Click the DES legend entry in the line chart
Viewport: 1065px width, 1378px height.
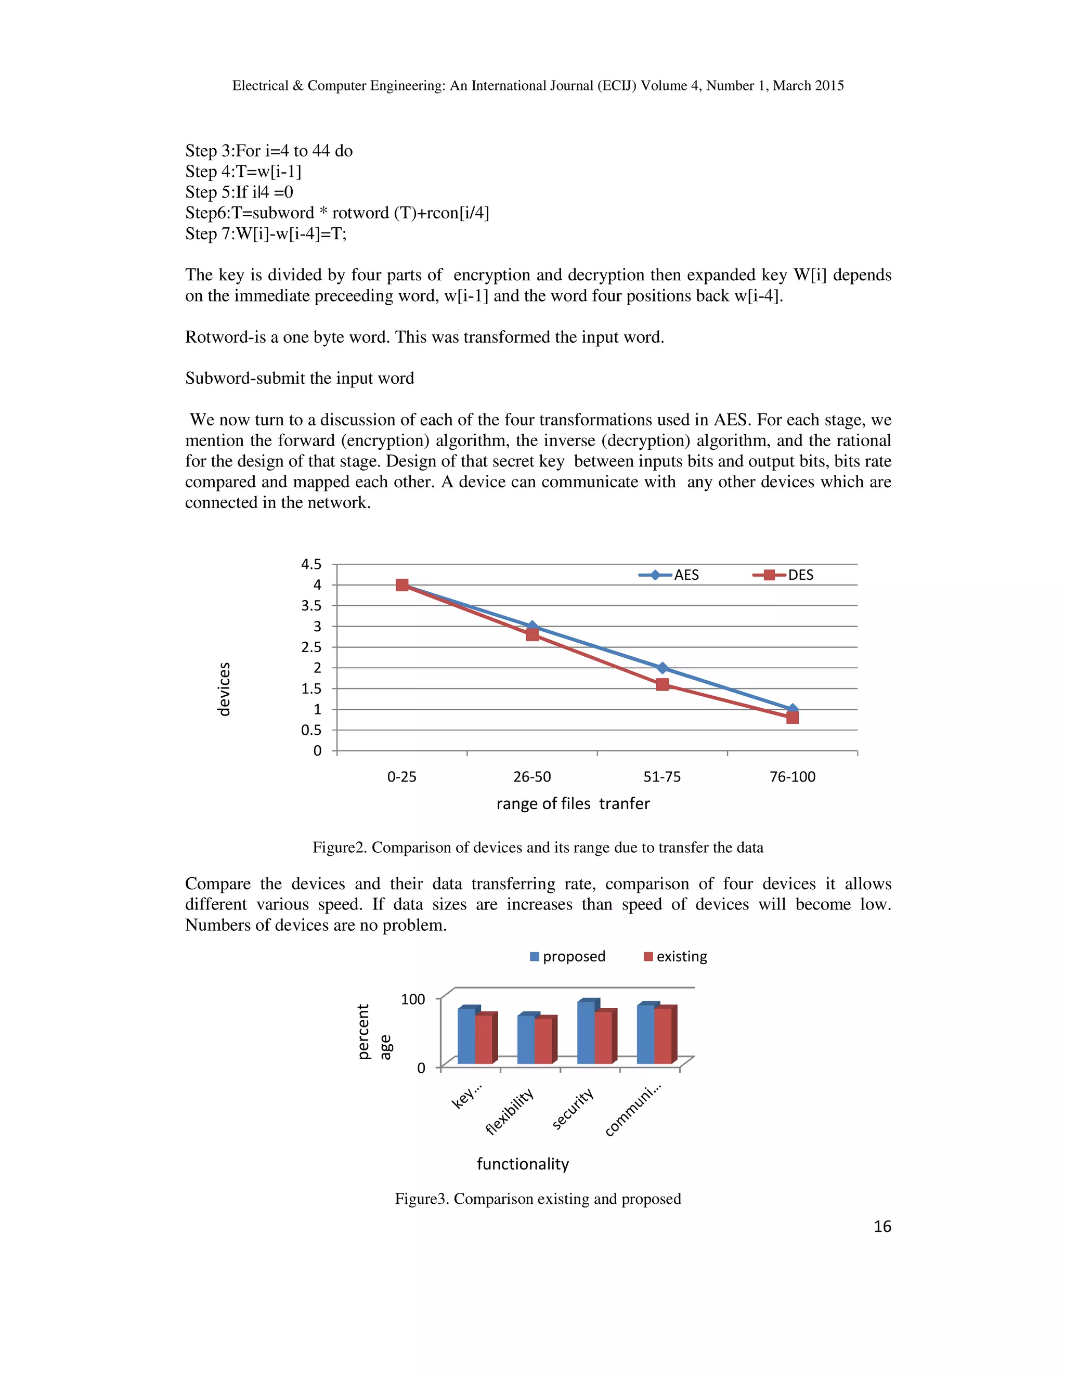783,575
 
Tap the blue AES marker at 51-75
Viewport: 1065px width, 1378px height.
663,668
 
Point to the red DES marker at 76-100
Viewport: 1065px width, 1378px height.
793,718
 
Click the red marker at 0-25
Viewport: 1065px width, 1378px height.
402,585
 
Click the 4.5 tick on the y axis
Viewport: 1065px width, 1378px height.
311,564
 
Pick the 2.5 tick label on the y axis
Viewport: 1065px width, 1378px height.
311,647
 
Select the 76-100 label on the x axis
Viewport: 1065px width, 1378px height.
793,777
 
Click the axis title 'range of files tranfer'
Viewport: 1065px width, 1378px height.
573,804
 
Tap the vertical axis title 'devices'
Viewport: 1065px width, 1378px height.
223,689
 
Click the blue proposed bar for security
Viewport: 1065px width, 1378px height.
586,1032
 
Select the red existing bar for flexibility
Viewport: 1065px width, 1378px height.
543,1041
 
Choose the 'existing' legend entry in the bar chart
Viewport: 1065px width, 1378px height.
675,956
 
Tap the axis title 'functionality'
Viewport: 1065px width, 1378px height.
523,1164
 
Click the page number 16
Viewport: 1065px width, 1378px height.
882,1227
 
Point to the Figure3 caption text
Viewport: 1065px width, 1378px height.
538,1199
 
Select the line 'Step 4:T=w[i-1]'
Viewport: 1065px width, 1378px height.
243,172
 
